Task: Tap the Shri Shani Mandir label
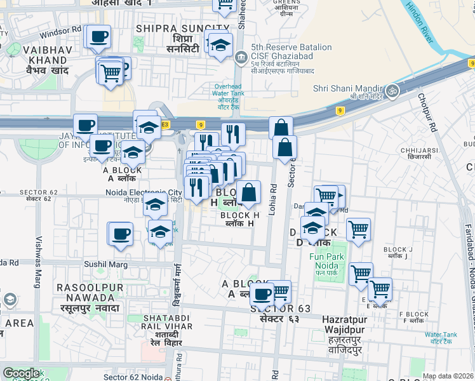347,88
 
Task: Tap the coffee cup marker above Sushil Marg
119,234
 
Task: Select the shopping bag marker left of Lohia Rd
248,193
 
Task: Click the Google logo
20,374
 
